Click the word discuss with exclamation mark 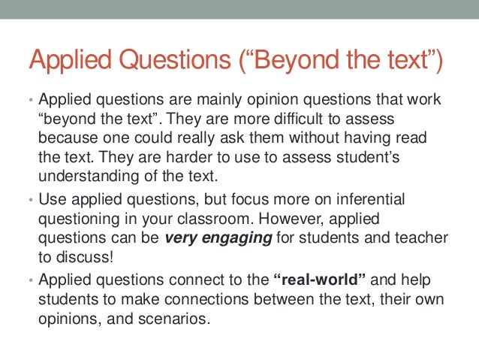tap(86, 258)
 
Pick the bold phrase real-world tap(321, 280)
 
